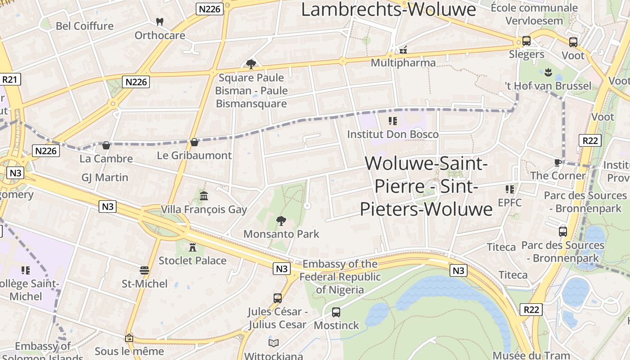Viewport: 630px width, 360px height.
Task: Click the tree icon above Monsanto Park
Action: pyautogui.click(x=281, y=220)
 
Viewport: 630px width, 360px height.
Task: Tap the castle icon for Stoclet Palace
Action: pyautogui.click(x=193, y=247)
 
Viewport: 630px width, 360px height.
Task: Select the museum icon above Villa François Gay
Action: pyautogui.click(x=204, y=196)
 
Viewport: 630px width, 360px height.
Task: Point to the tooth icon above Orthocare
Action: pyautogui.click(x=159, y=21)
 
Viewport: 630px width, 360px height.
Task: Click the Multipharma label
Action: pyautogui.click(x=403, y=63)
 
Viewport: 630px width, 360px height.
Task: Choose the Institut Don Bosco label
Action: pyautogui.click(x=392, y=134)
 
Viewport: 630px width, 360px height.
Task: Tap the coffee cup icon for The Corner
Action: pyautogui.click(x=558, y=162)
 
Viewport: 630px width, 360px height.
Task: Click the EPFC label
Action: pyautogui.click(x=509, y=202)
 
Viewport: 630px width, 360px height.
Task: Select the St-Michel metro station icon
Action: pyautogui.click(x=144, y=270)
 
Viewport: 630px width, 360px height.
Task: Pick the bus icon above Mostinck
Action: pyautogui.click(x=336, y=312)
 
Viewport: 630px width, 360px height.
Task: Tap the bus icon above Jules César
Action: pyautogui.click(x=278, y=298)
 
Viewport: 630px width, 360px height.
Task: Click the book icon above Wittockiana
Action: pyautogui.click(x=274, y=343)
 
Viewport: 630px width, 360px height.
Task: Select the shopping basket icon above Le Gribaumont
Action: pyautogui.click(x=194, y=142)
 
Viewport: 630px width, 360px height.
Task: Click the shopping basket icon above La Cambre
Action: pyautogui.click(x=106, y=145)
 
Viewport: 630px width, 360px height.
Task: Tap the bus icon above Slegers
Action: pyautogui.click(x=526, y=41)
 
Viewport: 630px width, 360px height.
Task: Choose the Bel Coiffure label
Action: pyautogui.click(x=85, y=26)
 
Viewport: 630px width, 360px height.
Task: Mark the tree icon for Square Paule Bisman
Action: pyautogui.click(x=251, y=64)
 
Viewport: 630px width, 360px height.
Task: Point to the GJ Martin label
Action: pyautogui.click(x=105, y=177)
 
